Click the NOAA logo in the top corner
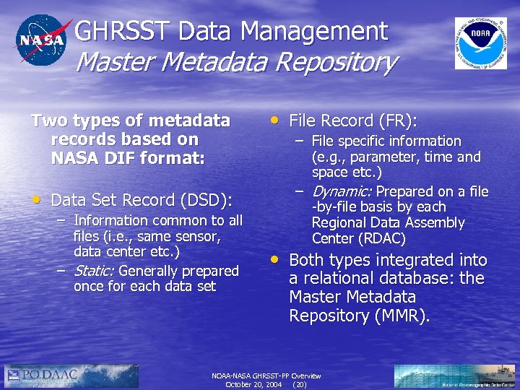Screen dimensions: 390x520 (480, 43)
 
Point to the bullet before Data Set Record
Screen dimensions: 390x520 (36, 199)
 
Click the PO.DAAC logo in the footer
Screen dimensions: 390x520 (72, 376)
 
